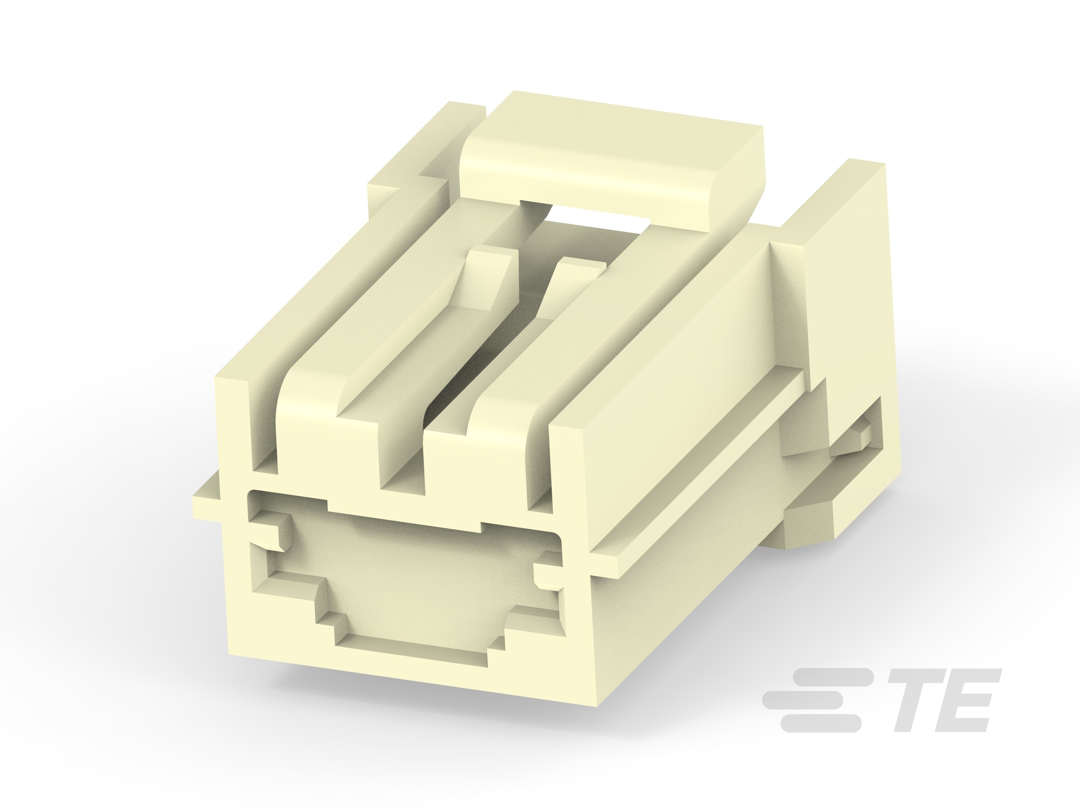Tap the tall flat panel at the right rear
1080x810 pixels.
[x=844, y=273]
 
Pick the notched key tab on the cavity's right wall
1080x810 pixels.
[x=547, y=571]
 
